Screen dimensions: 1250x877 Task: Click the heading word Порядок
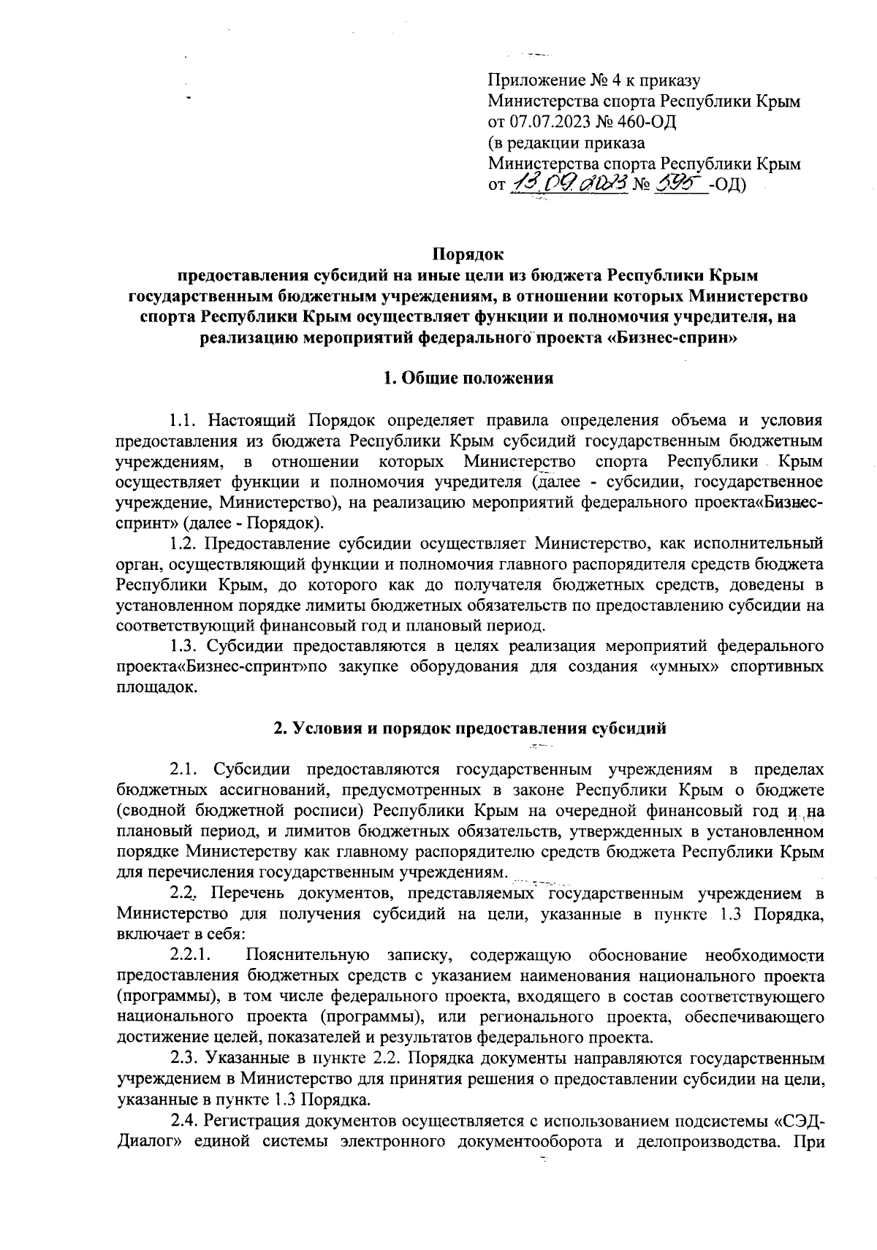click(468, 255)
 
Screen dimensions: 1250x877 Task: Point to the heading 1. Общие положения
click(468, 378)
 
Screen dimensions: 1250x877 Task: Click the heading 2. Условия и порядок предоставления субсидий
click(468, 728)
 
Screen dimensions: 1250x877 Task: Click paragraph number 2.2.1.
click(191, 955)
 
